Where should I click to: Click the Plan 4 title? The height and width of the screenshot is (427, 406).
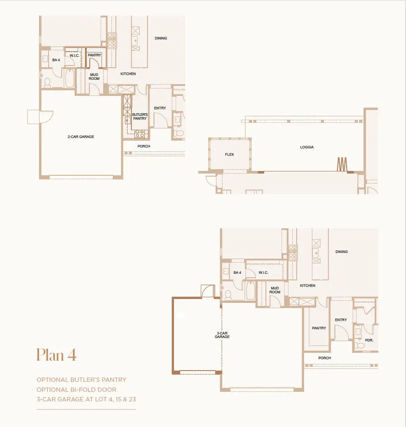[x=56, y=355]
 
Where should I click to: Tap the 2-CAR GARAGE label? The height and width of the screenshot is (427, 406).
[x=81, y=136]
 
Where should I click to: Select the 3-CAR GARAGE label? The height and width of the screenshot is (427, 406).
[x=222, y=335]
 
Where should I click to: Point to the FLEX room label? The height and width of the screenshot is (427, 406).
[x=230, y=154]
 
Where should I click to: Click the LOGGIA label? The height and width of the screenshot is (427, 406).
[x=307, y=147]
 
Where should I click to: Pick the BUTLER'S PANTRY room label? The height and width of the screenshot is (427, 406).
[x=139, y=116]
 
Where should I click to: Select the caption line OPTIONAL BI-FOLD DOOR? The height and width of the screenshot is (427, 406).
[x=76, y=389]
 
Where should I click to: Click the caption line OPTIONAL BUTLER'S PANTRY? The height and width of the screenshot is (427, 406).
[x=81, y=380]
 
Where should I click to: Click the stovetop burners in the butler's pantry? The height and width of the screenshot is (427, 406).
[x=140, y=133]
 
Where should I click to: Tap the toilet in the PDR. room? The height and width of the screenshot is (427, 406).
[x=360, y=345]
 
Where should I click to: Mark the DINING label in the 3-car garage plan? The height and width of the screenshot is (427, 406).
[x=341, y=251]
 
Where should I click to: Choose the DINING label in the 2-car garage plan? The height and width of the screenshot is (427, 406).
[x=161, y=38]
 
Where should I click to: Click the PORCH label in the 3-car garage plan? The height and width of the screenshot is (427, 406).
[x=324, y=358]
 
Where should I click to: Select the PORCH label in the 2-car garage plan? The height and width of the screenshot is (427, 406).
[x=143, y=146]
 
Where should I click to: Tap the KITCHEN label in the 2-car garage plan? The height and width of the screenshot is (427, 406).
[x=128, y=74]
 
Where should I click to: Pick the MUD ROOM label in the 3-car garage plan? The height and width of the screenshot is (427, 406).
[x=275, y=290]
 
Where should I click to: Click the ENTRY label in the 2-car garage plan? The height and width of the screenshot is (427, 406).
[x=160, y=108]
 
